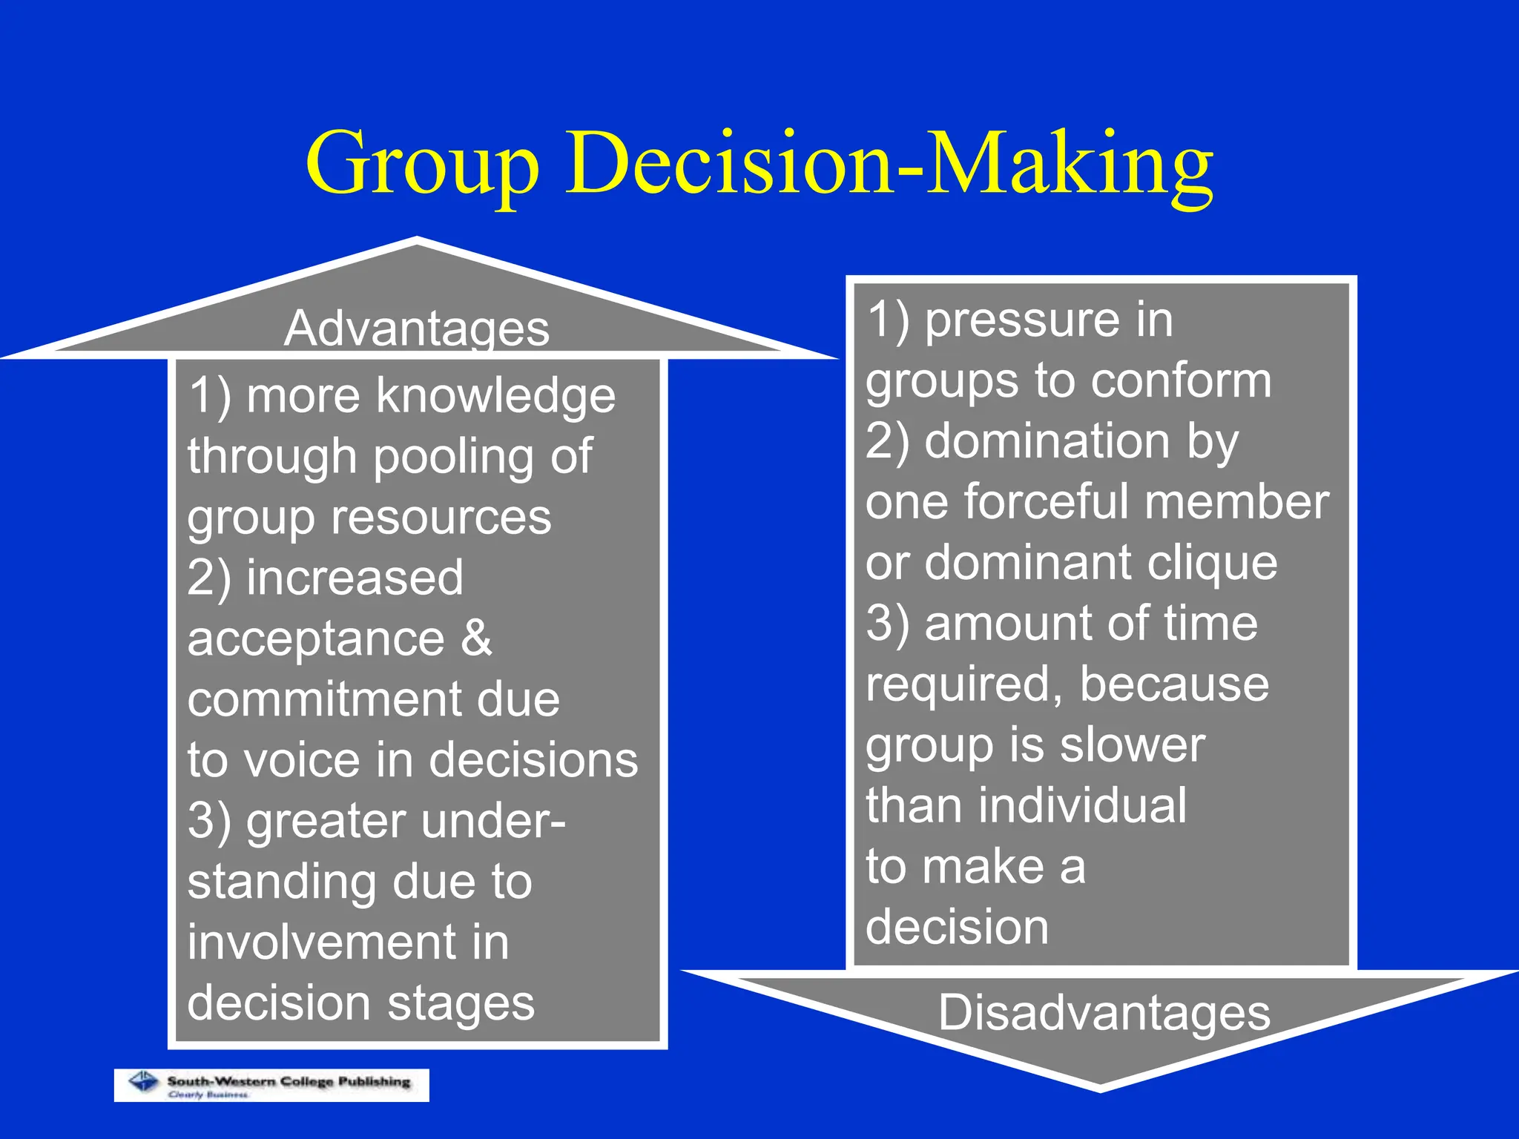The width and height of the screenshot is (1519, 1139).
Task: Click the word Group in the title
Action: pos(421,165)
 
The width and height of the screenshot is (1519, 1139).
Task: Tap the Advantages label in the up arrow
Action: pos(417,328)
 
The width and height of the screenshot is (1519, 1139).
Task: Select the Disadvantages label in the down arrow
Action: pos(1104,1013)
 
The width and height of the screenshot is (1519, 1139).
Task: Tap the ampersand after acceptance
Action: pos(476,638)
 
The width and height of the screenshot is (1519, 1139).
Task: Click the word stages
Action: pos(460,1003)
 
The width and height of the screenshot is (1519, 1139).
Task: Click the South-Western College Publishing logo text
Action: pos(289,1081)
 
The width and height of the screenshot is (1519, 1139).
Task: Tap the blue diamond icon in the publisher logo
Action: pos(144,1082)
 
